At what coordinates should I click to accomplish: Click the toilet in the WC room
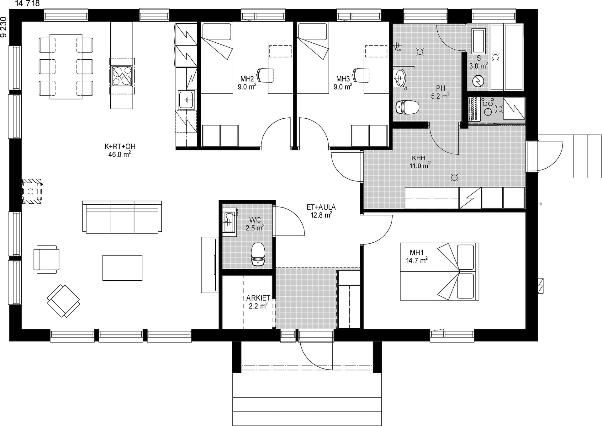[x=258, y=254]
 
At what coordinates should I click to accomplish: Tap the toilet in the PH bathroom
[x=407, y=107]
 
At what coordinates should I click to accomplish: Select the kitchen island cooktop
[x=122, y=76]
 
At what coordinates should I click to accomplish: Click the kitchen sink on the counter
[x=187, y=100]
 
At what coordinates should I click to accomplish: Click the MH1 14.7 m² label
[x=417, y=256]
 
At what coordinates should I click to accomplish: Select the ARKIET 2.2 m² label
[x=258, y=302]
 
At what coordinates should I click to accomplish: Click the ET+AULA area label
[x=321, y=211]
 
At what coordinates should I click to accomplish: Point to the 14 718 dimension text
[x=28, y=3]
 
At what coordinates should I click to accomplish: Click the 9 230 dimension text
[x=3, y=27]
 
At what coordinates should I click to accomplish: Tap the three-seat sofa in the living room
[x=122, y=217]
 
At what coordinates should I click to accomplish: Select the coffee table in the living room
[x=122, y=268]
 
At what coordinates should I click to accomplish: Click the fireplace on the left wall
[x=31, y=191]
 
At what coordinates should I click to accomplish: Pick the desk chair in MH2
[x=265, y=75]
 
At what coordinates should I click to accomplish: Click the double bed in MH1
[x=439, y=272]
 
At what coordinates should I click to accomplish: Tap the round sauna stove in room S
[x=478, y=81]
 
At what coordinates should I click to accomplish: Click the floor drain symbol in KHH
[x=454, y=178]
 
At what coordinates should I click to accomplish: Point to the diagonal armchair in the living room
[x=64, y=301]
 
